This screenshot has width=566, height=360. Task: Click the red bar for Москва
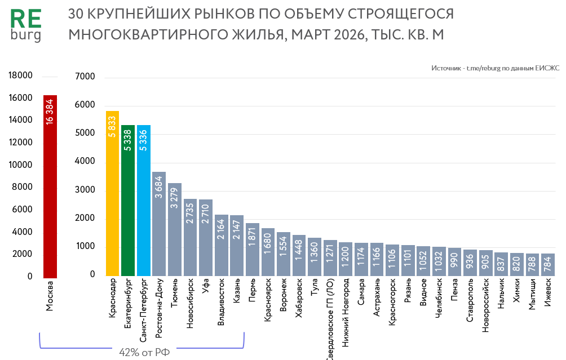point(50,186)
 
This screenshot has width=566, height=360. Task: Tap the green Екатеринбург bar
point(128,201)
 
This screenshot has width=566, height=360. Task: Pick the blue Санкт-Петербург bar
point(144,201)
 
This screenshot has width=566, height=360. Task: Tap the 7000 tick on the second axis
point(85,77)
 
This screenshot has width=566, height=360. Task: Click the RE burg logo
point(26,25)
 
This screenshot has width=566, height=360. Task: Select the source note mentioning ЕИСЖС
point(495,68)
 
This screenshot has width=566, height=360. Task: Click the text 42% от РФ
point(144,353)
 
